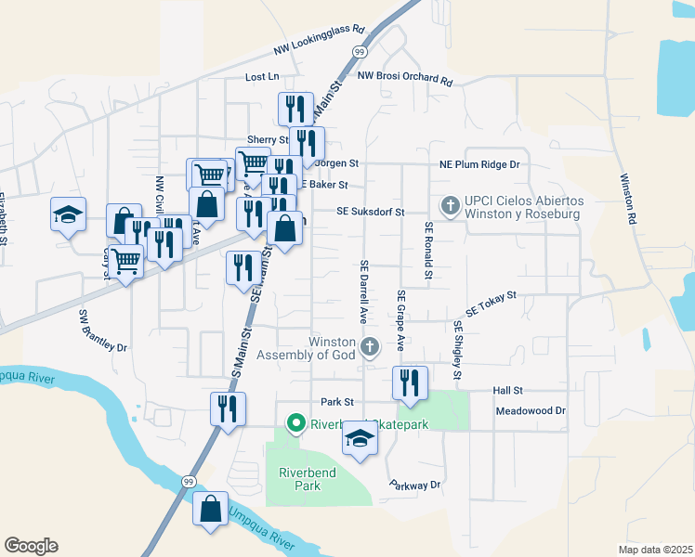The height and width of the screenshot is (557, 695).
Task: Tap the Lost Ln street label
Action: tap(261, 77)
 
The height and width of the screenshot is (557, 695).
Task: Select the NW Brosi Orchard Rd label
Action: tap(404, 77)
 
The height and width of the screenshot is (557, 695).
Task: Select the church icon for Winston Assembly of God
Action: tap(369, 347)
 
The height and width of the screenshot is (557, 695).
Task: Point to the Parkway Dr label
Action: tap(414, 485)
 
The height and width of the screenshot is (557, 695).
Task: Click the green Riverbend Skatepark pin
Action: tap(296, 425)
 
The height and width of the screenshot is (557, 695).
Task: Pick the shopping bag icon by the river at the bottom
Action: tap(211, 510)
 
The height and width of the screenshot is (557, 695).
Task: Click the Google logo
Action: tap(31, 546)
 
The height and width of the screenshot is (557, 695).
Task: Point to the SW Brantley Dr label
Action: tap(102, 330)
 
